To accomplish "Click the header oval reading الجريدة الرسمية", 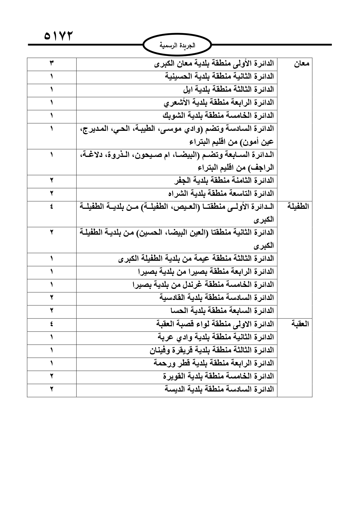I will [178, 45].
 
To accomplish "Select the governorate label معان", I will [302, 64].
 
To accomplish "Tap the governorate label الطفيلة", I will [298, 207].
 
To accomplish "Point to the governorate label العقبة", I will [300, 324].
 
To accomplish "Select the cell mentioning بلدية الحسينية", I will [220, 77].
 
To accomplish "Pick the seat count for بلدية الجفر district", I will [51, 181].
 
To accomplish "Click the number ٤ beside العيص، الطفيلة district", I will [51, 207].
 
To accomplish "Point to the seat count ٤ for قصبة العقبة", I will [51, 324].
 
